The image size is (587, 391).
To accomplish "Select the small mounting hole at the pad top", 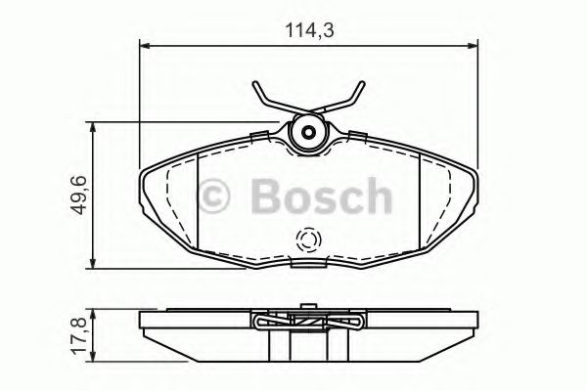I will click(x=309, y=133).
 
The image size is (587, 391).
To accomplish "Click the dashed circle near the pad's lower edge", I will click(x=308, y=240).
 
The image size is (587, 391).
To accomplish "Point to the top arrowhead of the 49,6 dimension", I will click(x=92, y=126).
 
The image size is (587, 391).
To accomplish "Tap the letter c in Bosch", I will click(x=347, y=200).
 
